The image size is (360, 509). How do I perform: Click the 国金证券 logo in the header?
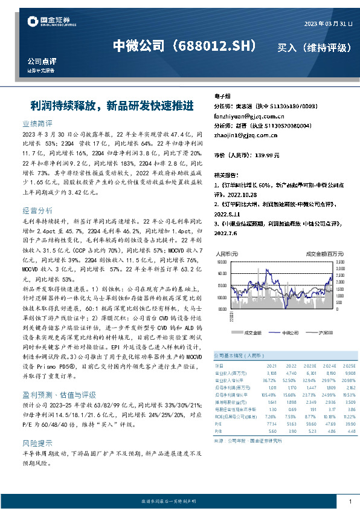pos(51,23)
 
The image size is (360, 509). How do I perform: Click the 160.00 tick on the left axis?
pos(220,262)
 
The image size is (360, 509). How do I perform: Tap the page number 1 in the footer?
pos(350,502)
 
